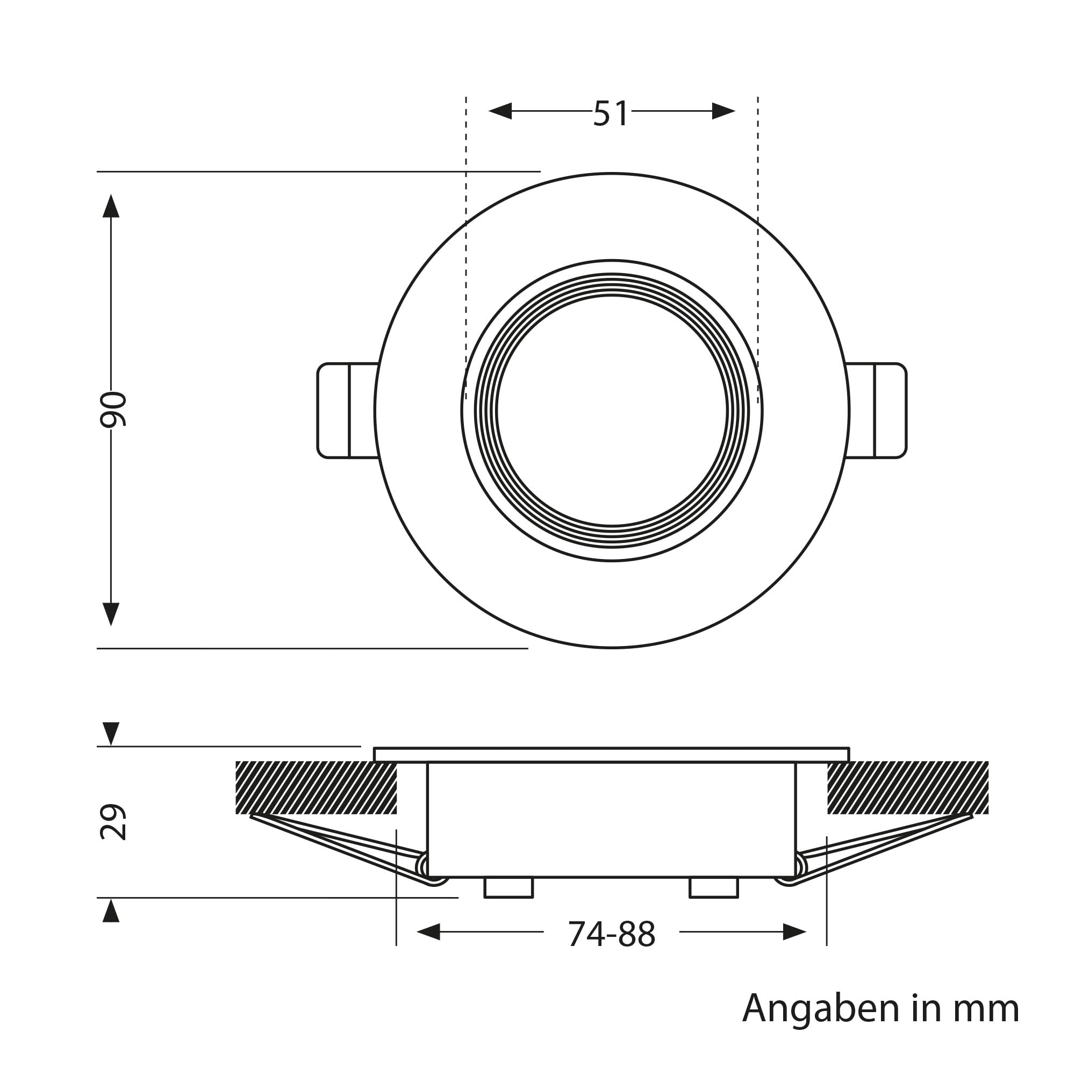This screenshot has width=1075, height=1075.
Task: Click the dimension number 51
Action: (x=611, y=113)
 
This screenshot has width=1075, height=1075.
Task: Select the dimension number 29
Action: (x=113, y=822)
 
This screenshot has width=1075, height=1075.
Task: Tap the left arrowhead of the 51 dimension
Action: (x=500, y=111)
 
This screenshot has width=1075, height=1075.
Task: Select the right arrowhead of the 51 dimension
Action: (x=724, y=111)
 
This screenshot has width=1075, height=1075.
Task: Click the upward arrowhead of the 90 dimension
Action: (x=111, y=205)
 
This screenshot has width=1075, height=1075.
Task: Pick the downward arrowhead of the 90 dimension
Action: (x=111, y=614)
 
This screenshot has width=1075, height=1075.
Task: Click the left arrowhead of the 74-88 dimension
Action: (x=428, y=931)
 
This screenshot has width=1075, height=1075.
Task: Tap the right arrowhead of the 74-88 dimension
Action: (x=794, y=931)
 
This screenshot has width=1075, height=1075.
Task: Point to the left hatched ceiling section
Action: (x=316, y=788)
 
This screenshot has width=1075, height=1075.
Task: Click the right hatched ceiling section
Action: (x=908, y=788)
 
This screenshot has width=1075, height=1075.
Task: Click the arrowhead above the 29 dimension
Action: (x=111, y=733)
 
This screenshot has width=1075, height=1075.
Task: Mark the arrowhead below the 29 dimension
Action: (x=111, y=911)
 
